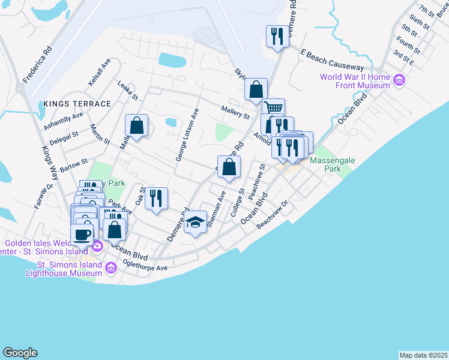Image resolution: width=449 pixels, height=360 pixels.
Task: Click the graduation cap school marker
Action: pos(195,223)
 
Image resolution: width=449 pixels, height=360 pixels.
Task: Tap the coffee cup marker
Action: pos(82,235)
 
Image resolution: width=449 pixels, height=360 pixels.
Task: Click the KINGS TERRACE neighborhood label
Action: pos(77,104)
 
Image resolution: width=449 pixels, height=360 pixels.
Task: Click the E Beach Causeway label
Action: pos(333,61)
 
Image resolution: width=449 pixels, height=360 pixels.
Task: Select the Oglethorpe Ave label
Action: pos(145,265)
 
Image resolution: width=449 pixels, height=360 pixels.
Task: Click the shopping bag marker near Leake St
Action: pos(137,126)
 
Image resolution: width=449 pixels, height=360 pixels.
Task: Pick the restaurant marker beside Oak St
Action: pos(156,198)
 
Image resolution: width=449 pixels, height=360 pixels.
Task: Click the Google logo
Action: pos(20,353)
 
